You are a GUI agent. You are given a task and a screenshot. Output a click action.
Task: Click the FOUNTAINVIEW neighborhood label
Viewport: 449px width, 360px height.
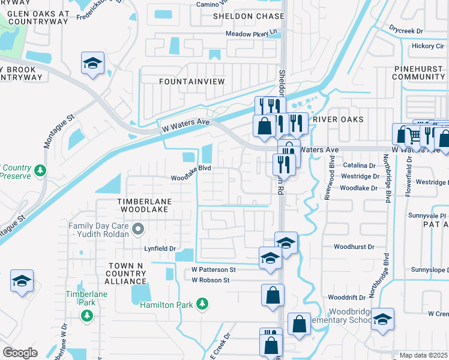[x=191, y=81]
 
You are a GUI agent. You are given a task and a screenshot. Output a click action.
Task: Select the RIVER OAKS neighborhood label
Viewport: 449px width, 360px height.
[x=339, y=119]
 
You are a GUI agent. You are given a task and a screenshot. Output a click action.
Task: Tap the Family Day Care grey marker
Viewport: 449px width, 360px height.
[x=139, y=229]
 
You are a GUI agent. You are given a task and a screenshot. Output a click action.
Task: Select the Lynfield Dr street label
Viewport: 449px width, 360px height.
[x=159, y=248]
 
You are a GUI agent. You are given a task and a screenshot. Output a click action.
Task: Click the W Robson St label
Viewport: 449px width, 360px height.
[x=211, y=280]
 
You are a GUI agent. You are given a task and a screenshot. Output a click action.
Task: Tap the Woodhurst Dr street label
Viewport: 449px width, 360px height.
[x=354, y=247]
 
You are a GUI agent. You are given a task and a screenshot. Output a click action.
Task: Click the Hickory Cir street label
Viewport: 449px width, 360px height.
[x=427, y=46]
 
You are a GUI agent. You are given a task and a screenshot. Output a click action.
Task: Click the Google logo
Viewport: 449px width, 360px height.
[x=20, y=352]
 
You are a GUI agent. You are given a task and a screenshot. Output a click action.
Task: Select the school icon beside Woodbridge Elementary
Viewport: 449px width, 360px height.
[x=382, y=320]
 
